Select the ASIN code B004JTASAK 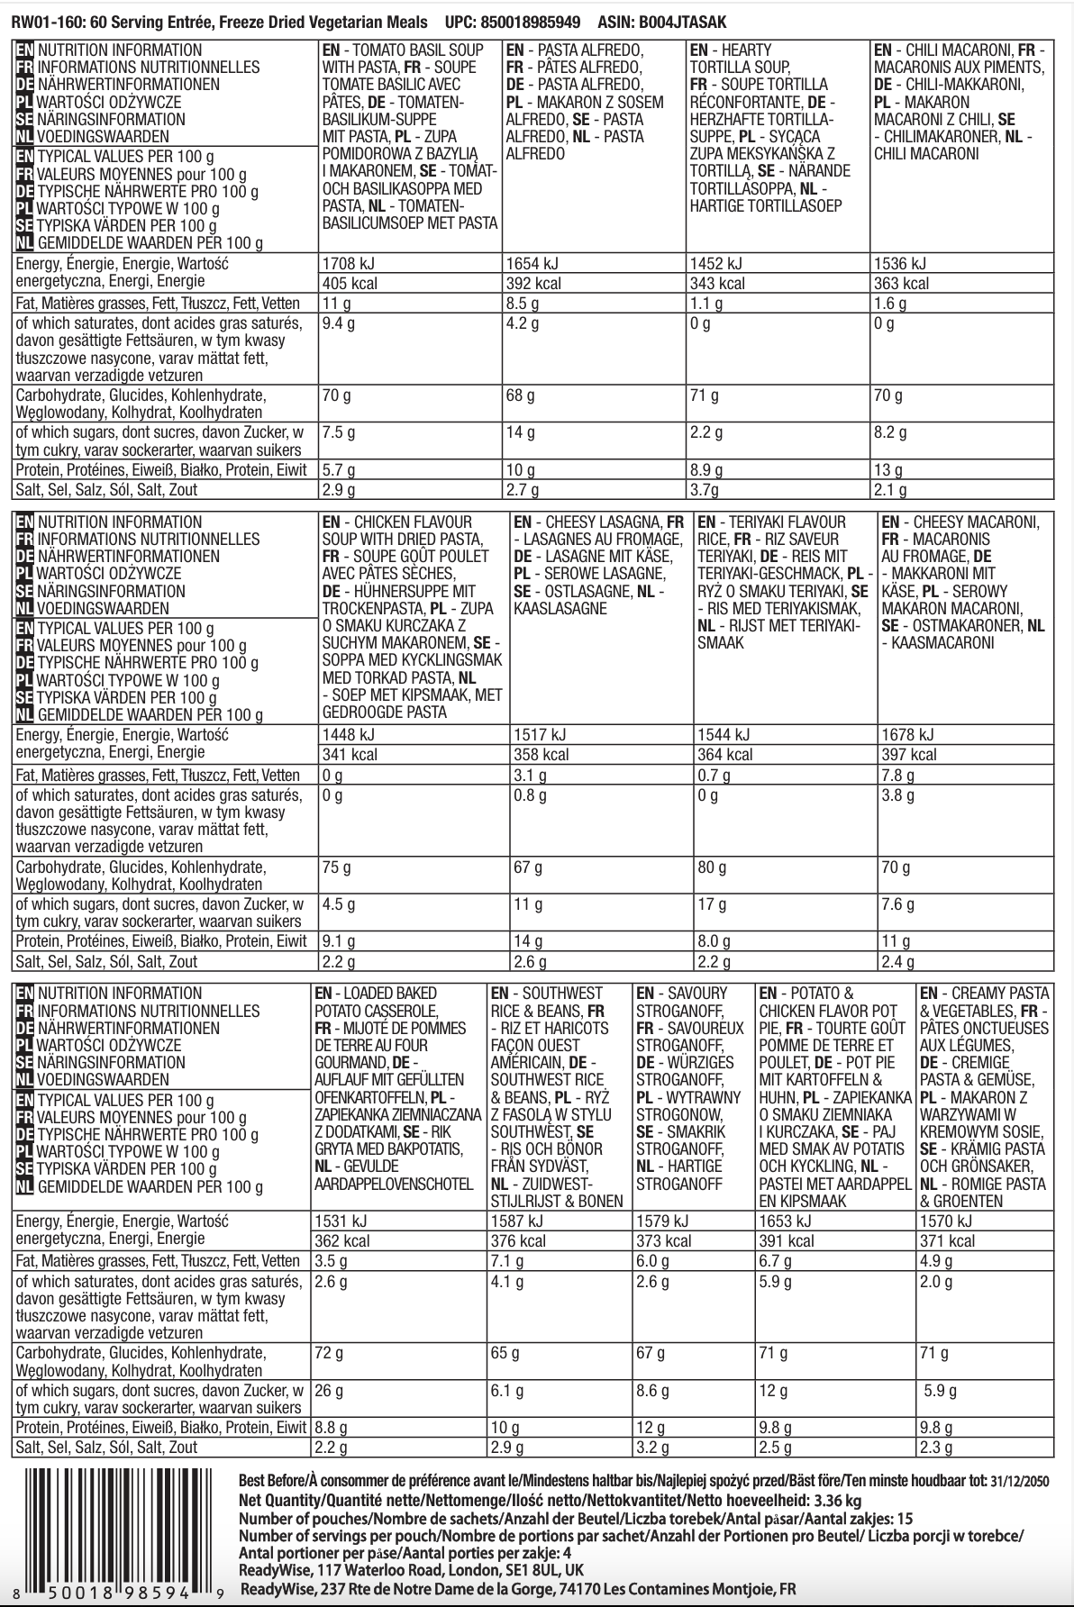(684, 21)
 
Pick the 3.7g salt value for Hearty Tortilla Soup (705, 490)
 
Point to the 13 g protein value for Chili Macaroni (887, 469)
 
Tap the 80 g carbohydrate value (712, 867)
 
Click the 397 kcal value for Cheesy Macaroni (909, 755)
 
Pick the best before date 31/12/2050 (1018, 1481)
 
